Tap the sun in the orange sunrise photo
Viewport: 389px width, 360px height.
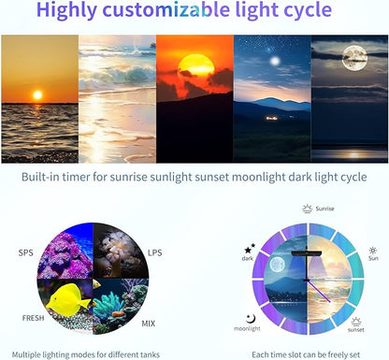pyautogui.click(x=37, y=95)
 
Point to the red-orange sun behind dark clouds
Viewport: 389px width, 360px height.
pyautogui.click(x=194, y=66)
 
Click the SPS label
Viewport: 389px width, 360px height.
pyautogui.click(x=25, y=252)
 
